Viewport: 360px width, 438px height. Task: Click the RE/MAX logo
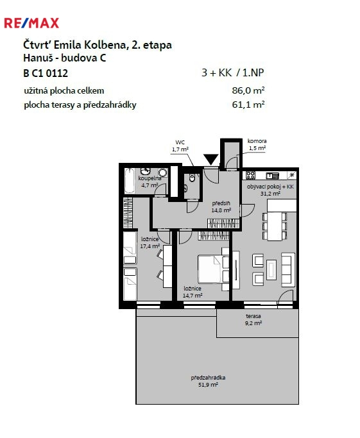(x=31, y=23)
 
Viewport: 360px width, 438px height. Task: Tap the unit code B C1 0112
(x=46, y=73)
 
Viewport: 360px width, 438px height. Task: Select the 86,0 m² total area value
(x=248, y=90)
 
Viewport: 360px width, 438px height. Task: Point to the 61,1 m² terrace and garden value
(x=248, y=105)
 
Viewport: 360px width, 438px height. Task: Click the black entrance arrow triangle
(x=211, y=159)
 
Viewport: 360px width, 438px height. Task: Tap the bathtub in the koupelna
(x=130, y=180)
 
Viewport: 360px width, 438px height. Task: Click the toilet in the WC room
(x=192, y=178)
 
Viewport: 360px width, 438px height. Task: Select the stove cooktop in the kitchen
(x=250, y=175)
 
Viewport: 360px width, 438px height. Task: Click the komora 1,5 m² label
(x=257, y=144)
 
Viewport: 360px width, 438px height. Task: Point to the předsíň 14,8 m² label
(x=221, y=206)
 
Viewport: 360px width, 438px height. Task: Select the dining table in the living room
(x=275, y=226)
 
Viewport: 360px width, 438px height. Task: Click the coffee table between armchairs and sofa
(x=271, y=269)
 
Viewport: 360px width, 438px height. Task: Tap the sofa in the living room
(x=288, y=269)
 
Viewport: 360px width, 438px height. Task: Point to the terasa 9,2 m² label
(x=253, y=319)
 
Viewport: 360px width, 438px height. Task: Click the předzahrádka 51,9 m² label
(x=208, y=381)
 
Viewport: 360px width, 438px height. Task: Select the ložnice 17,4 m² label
(x=150, y=242)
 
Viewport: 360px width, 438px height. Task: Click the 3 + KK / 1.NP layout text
(x=233, y=72)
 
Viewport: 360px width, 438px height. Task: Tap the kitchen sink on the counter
(x=273, y=176)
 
